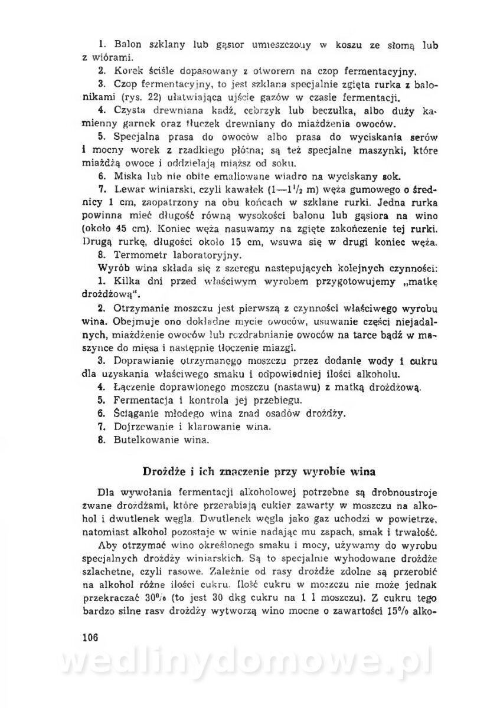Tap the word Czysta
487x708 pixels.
129,110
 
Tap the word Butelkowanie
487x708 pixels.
140,439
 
